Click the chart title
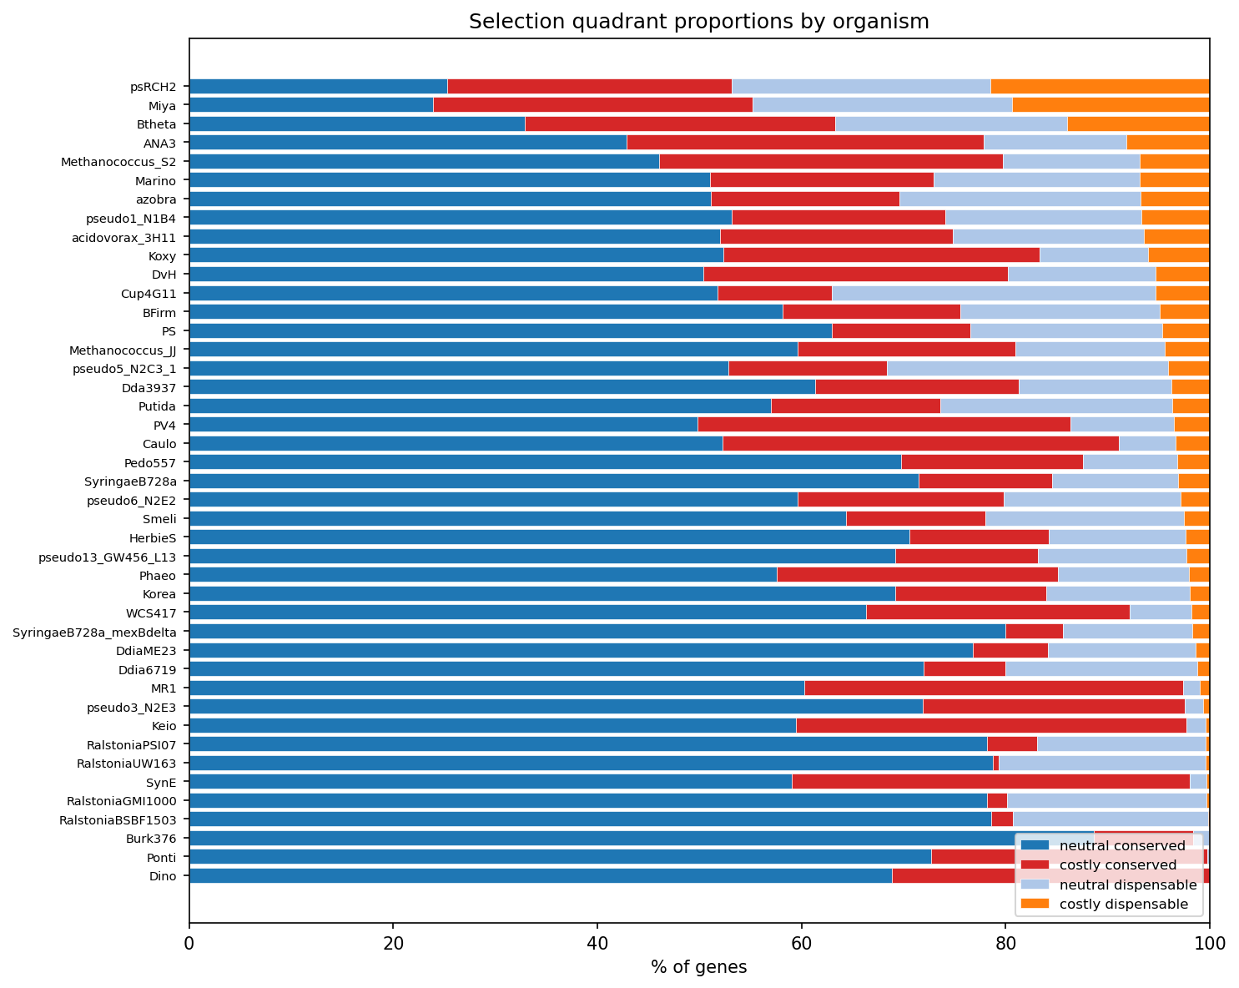pos(698,22)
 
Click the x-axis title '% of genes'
pos(698,967)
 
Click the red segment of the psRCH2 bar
pos(589,87)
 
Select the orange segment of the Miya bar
pos(1111,105)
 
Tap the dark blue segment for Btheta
pos(357,124)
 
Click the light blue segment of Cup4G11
pos(993,293)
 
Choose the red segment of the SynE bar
pos(990,781)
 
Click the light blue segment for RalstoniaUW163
pos(1101,763)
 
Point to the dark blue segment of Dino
pos(540,875)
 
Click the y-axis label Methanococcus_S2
pos(118,162)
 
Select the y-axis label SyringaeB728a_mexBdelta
pos(94,632)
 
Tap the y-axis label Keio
pos(163,725)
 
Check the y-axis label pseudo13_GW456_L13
pos(108,557)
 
